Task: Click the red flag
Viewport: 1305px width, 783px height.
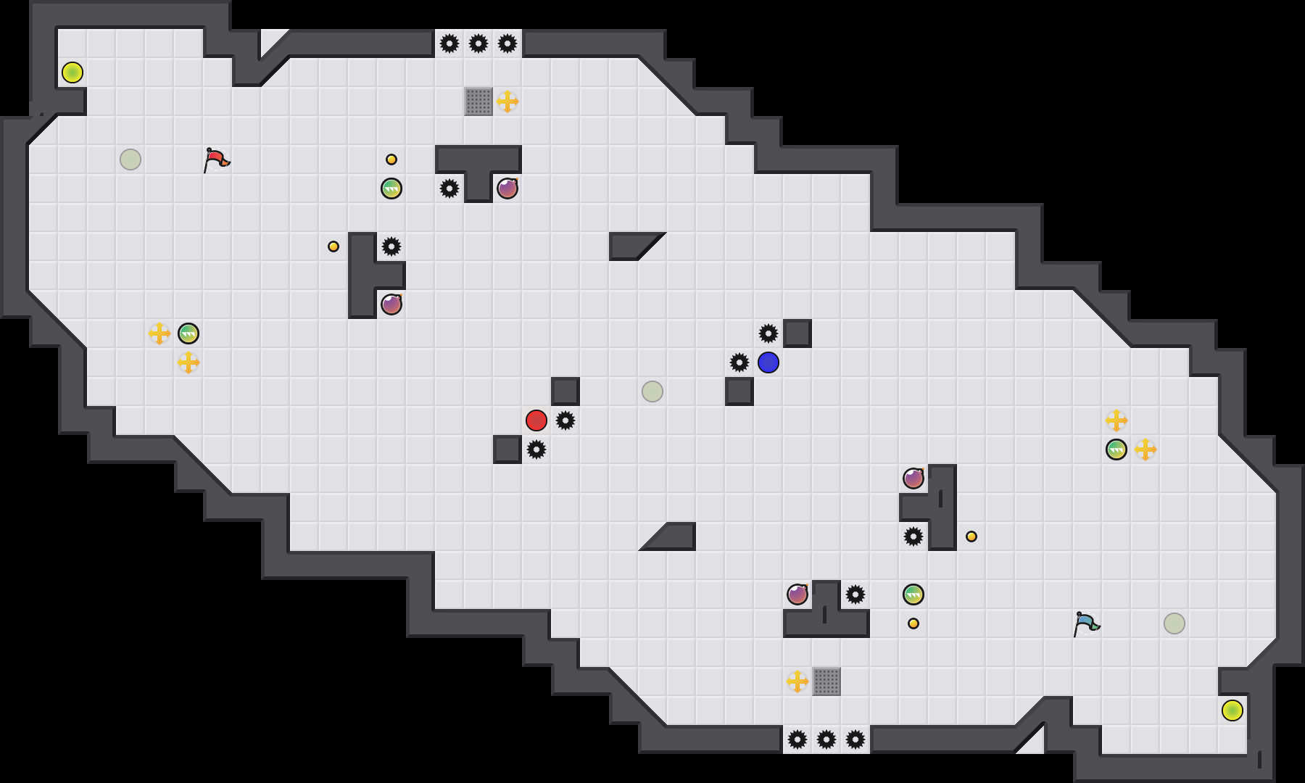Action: click(216, 159)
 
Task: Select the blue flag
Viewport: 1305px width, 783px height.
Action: click(1086, 623)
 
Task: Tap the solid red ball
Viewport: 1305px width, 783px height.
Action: click(536, 420)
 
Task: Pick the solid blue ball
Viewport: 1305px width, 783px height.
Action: click(768, 362)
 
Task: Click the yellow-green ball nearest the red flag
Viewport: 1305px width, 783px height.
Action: click(72, 72)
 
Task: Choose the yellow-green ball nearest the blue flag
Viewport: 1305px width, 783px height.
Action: click(1232, 710)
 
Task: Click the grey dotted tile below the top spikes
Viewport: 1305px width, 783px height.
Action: click(478, 101)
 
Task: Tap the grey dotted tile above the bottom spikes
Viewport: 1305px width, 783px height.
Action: click(826, 681)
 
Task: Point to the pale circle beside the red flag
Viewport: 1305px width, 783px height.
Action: click(130, 159)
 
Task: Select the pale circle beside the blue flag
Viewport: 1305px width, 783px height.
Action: click(1174, 623)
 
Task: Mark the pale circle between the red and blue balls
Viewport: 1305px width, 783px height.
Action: click(652, 391)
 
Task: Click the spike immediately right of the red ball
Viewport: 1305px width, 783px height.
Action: click(565, 420)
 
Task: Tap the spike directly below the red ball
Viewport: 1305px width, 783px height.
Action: click(536, 449)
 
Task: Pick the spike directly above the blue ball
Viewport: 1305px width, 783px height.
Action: click(768, 333)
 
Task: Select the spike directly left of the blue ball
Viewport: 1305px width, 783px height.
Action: click(739, 362)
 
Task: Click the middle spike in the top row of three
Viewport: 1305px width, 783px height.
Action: click(478, 43)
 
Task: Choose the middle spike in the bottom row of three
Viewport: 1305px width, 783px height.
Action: click(826, 739)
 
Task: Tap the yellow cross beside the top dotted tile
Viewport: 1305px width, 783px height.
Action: click(507, 101)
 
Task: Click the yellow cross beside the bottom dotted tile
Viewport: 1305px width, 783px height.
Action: click(797, 681)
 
